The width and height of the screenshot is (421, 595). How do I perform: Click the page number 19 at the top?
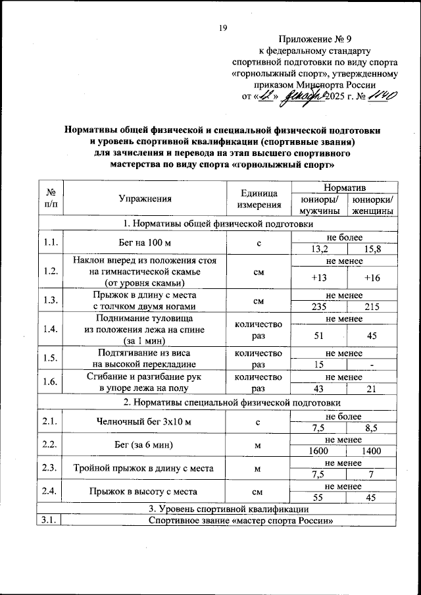(x=222, y=28)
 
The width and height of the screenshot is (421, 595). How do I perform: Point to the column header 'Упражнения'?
(x=145, y=198)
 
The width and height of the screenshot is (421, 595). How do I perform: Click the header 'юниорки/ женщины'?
(x=372, y=205)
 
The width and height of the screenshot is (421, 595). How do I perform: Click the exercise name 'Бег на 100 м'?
(x=145, y=244)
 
